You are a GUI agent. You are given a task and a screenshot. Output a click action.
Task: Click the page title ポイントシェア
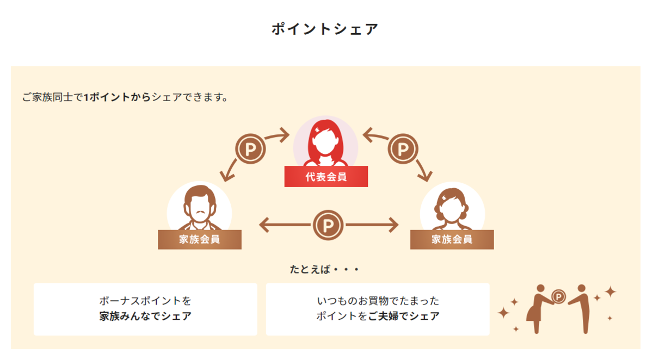click(325, 29)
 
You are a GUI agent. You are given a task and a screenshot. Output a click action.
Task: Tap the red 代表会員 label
click(326, 177)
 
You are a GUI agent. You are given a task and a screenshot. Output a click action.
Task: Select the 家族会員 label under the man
click(200, 239)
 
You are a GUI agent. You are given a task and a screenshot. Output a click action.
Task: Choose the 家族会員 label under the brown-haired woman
click(452, 239)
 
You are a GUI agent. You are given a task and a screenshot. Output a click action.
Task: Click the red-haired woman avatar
click(325, 142)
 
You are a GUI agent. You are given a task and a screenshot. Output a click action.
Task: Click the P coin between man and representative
click(250, 149)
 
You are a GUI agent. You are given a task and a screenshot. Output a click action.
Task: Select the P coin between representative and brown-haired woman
click(403, 149)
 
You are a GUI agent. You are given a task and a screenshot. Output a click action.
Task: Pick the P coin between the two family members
click(328, 225)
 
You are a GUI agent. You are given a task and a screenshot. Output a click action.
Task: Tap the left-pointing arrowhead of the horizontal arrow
click(264, 225)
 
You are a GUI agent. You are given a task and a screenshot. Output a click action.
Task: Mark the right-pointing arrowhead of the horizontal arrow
click(393, 225)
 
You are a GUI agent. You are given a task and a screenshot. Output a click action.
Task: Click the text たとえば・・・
click(324, 269)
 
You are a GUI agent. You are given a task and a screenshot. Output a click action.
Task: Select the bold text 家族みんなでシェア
click(145, 316)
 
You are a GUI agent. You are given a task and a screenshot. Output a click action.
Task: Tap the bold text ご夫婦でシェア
click(404, 316)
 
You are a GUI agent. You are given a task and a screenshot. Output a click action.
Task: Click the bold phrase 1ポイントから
click(117, 97)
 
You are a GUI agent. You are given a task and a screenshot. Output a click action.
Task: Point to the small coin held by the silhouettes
click(558, 297)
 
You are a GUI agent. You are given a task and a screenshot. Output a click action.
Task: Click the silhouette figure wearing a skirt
click(538, 309)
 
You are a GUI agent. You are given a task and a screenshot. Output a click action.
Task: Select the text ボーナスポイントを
click(145, 301)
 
